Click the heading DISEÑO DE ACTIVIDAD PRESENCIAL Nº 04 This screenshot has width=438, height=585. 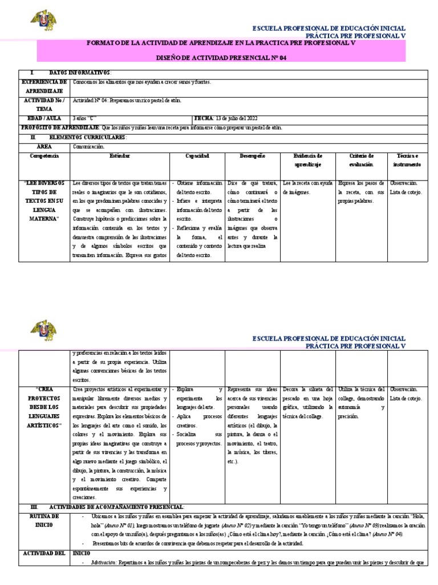coord(221,57)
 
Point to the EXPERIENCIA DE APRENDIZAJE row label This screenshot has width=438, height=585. coord(44,86)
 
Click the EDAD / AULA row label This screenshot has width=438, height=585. coord(44,118)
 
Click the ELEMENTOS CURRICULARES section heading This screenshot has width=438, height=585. coord(79,138)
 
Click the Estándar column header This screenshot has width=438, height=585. coord(119,155)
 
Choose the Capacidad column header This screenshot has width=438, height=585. coord(197,155)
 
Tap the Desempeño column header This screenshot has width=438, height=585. coord(252,155)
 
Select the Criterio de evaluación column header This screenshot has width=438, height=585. coord(361,159)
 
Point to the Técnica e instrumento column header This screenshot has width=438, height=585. coord(407,159)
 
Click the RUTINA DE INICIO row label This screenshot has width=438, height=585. coord(44,520)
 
